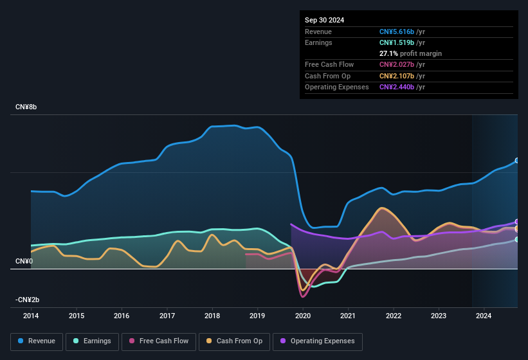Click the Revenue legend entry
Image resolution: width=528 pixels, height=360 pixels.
[x=37, y=341]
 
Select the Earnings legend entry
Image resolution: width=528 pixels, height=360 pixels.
[x=92, y=341]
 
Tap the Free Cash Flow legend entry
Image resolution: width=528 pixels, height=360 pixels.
[x=159, y=341]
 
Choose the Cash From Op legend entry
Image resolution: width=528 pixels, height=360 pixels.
[x=235, y=341]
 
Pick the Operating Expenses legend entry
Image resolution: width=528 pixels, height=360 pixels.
[x=318, y=341]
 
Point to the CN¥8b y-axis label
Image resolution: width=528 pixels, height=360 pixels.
[x=26, y=107]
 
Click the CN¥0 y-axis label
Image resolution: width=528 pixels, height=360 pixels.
[x=24, y=261]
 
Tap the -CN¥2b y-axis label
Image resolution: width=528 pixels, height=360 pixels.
[x=28, y=300]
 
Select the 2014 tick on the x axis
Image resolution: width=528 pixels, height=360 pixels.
[x=31, y=316]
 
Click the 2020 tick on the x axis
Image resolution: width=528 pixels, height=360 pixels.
[x=303, y=316]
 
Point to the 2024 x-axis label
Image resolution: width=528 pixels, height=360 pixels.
[x=484, y=316]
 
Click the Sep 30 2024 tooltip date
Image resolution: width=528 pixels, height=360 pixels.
[x=324, y=20]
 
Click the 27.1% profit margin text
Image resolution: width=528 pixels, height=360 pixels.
[x=410, y=53]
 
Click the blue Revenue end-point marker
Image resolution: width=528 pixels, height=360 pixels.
[x=517, y=161]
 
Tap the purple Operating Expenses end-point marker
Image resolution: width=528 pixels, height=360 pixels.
[x=517, y=222]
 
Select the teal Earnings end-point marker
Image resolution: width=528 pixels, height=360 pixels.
[x=517, y=239]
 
